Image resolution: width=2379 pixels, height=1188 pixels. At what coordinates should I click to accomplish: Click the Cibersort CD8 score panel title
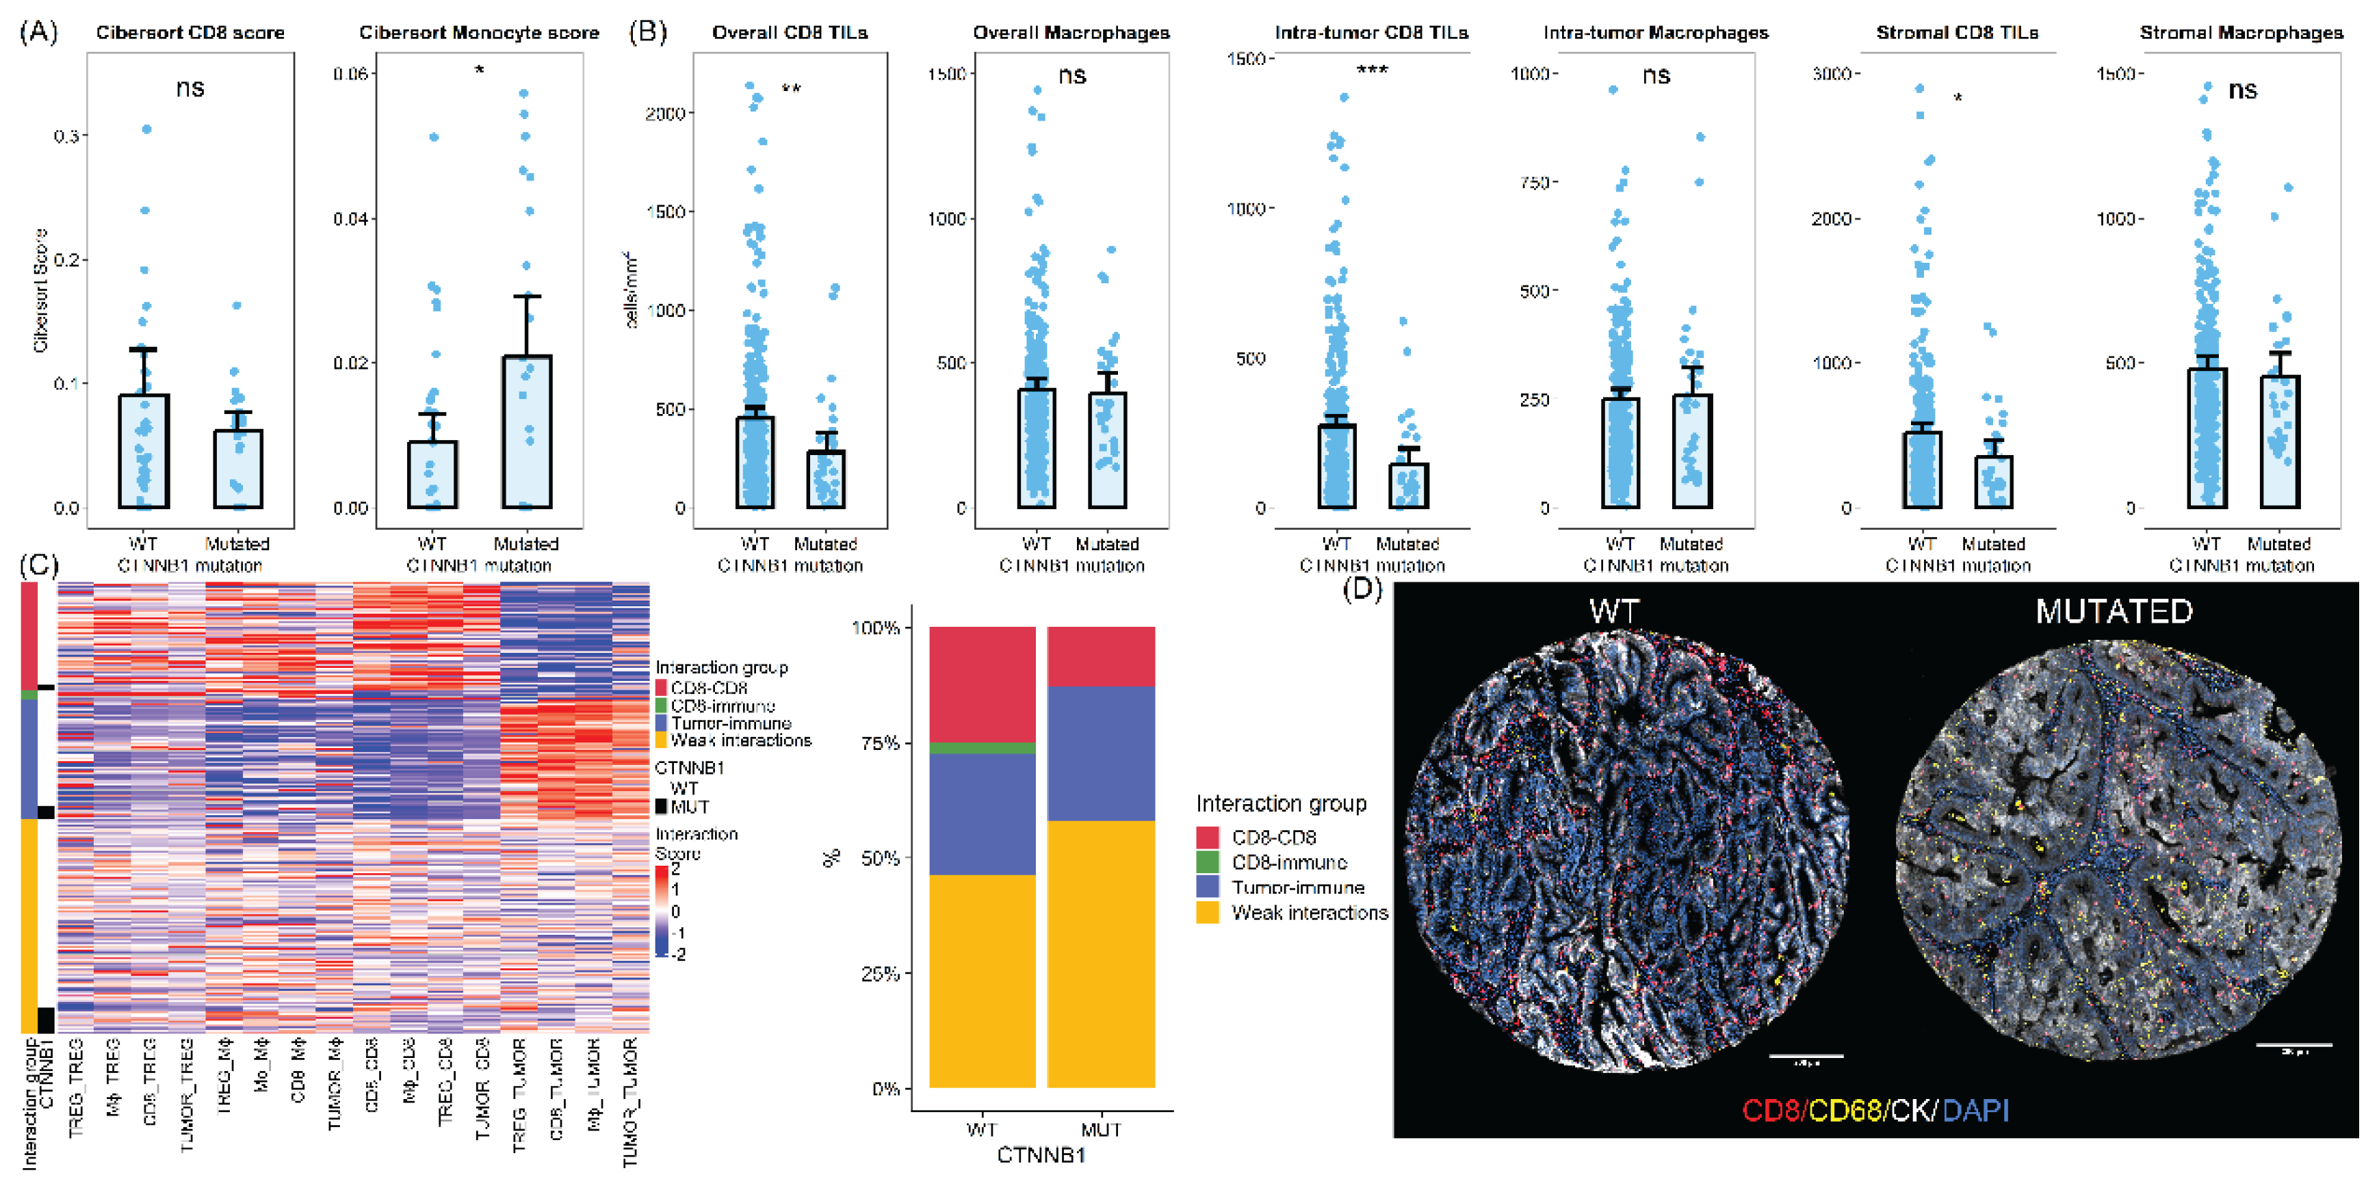(190, 32)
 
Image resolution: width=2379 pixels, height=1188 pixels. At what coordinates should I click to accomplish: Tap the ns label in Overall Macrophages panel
(1071, 76)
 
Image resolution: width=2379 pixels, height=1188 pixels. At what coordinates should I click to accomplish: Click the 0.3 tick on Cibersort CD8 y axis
(66, 135)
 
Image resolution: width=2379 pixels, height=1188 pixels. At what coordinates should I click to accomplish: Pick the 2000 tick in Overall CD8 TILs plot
(665, 114)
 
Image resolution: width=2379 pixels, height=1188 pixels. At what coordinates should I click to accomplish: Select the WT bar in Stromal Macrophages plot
(2207, 439)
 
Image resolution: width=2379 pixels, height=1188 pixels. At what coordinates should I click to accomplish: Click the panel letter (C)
(39, 565)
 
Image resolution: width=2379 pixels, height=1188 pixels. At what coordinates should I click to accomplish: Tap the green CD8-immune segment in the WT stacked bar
(982, 747)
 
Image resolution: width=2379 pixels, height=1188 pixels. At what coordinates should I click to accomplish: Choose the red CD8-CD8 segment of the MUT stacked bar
(1101, 657)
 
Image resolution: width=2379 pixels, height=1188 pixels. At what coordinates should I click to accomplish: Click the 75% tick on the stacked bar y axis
(880, 742)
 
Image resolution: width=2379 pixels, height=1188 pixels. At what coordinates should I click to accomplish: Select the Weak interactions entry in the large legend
(1309, 913)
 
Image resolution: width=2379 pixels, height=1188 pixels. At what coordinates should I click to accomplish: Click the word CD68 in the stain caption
(1845, 1109)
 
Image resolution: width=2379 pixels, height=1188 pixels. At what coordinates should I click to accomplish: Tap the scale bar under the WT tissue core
(1806, 1055)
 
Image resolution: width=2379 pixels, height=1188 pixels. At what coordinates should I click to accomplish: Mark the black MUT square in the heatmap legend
(661, 806)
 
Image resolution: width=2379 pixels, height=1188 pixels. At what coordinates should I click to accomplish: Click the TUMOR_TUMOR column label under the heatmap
(631, 1102)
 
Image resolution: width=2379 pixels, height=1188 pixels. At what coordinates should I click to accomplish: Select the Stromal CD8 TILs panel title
(1956, 32)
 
